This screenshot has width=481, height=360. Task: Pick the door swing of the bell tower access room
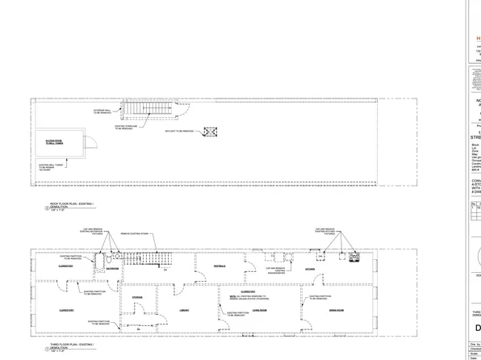tap(90, 142)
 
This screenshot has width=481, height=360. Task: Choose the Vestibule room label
tap(219, 266)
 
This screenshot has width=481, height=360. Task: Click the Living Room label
tap(258, 309)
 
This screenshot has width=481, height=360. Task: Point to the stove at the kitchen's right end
tap(353, 258)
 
